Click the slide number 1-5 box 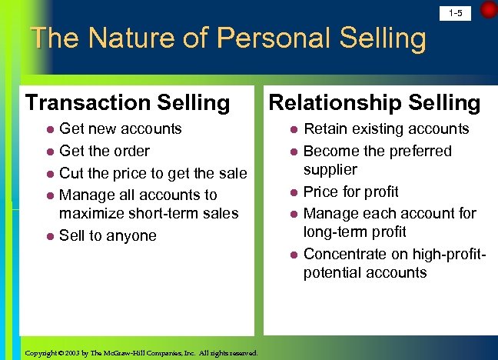pyautogui.click(x=455, y=13)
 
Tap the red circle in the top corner pyautogui.click(x=489, y=10)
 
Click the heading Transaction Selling pyautogui.click(x=128, y=102)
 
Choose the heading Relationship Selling pyautogui.click(x=373, y=102)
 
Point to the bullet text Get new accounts pyautogui.click(x=121, y=128)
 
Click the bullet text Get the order pyautogui.click(x=105, y=151)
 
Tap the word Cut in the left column pyautogui.click(x=71, y=173)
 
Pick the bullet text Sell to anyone pyautogui.click(x=108, y=235)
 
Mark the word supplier pyautogui.click(x=330, y=169)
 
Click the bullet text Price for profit pyautogui.click(x=351, y=192)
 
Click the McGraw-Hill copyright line pyautogui.click(x=141, y=352)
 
